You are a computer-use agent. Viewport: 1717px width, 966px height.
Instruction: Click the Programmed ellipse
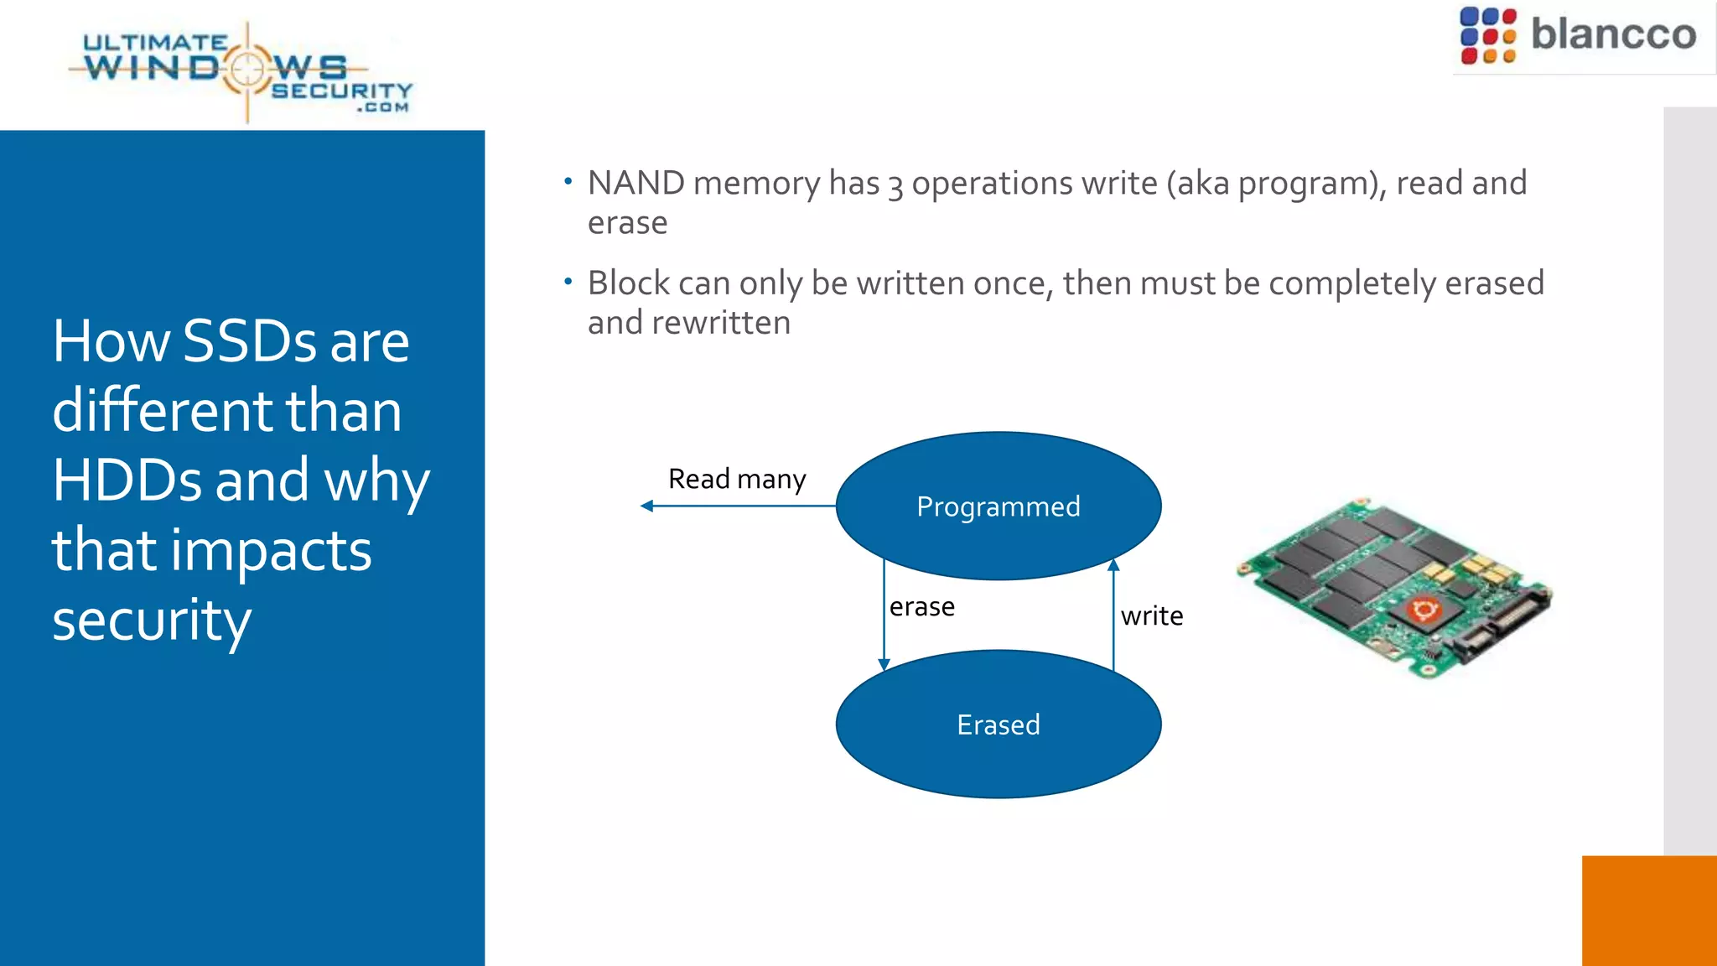pos(998,506)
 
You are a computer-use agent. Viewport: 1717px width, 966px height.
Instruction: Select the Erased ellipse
pos(998,724)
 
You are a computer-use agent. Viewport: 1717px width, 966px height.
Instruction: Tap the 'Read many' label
pos(736,479)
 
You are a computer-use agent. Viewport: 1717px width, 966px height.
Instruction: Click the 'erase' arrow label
pos(921,606)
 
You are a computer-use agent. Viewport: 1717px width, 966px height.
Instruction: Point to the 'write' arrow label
pos(1151,616)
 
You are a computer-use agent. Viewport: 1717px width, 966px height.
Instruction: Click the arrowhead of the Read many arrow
pos(646,506)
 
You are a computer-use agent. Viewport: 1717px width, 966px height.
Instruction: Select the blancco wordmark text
pos(1613,35)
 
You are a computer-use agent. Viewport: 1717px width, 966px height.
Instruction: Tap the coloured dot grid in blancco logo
pos(1487,36)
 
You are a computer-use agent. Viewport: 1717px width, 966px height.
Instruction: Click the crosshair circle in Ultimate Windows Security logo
pos(246,69)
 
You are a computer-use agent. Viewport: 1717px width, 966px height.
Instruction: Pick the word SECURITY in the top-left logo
pos(342,91)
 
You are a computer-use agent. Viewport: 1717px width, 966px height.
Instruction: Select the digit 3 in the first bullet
pos(895,185)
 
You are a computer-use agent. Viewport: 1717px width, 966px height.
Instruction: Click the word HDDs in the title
pos(127,480)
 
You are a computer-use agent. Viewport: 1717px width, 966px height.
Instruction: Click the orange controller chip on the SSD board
pos(1422,610)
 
